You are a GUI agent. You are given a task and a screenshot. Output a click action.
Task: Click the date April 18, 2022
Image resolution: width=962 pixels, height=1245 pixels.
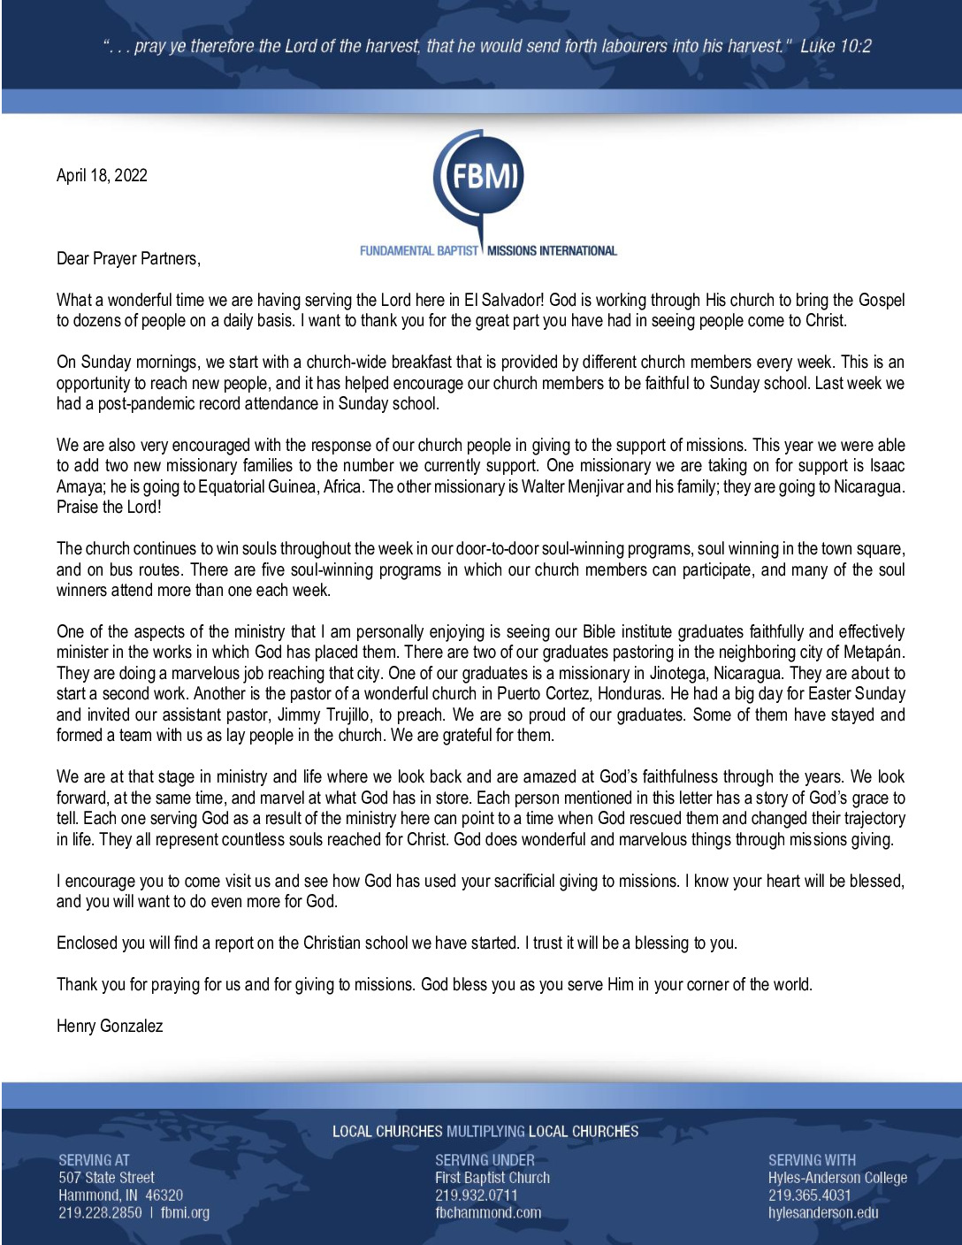pos(102,175)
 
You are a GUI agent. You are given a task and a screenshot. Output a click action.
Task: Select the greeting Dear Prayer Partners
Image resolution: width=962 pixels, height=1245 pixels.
pos(128,258)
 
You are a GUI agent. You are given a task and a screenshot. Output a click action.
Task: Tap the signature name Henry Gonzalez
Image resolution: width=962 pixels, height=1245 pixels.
pos(110,1026)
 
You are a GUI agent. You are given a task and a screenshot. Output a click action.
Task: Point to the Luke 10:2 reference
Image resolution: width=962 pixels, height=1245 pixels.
pos(836,46)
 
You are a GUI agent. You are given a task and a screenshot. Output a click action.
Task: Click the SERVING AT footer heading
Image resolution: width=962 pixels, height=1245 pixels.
pos(94,1160)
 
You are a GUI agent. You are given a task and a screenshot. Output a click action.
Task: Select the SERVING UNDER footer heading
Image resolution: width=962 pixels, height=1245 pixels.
pos(485,1160)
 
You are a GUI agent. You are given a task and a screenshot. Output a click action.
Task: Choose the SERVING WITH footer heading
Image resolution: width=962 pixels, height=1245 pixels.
pos(812,1160)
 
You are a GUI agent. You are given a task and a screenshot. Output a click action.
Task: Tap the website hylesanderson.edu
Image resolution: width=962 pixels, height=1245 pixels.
pos(823,1213)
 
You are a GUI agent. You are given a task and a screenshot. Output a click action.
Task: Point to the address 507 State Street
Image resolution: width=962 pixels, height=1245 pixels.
pos(106,1178)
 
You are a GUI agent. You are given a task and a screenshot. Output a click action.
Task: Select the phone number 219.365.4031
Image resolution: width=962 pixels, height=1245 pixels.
pos(810,1195)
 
